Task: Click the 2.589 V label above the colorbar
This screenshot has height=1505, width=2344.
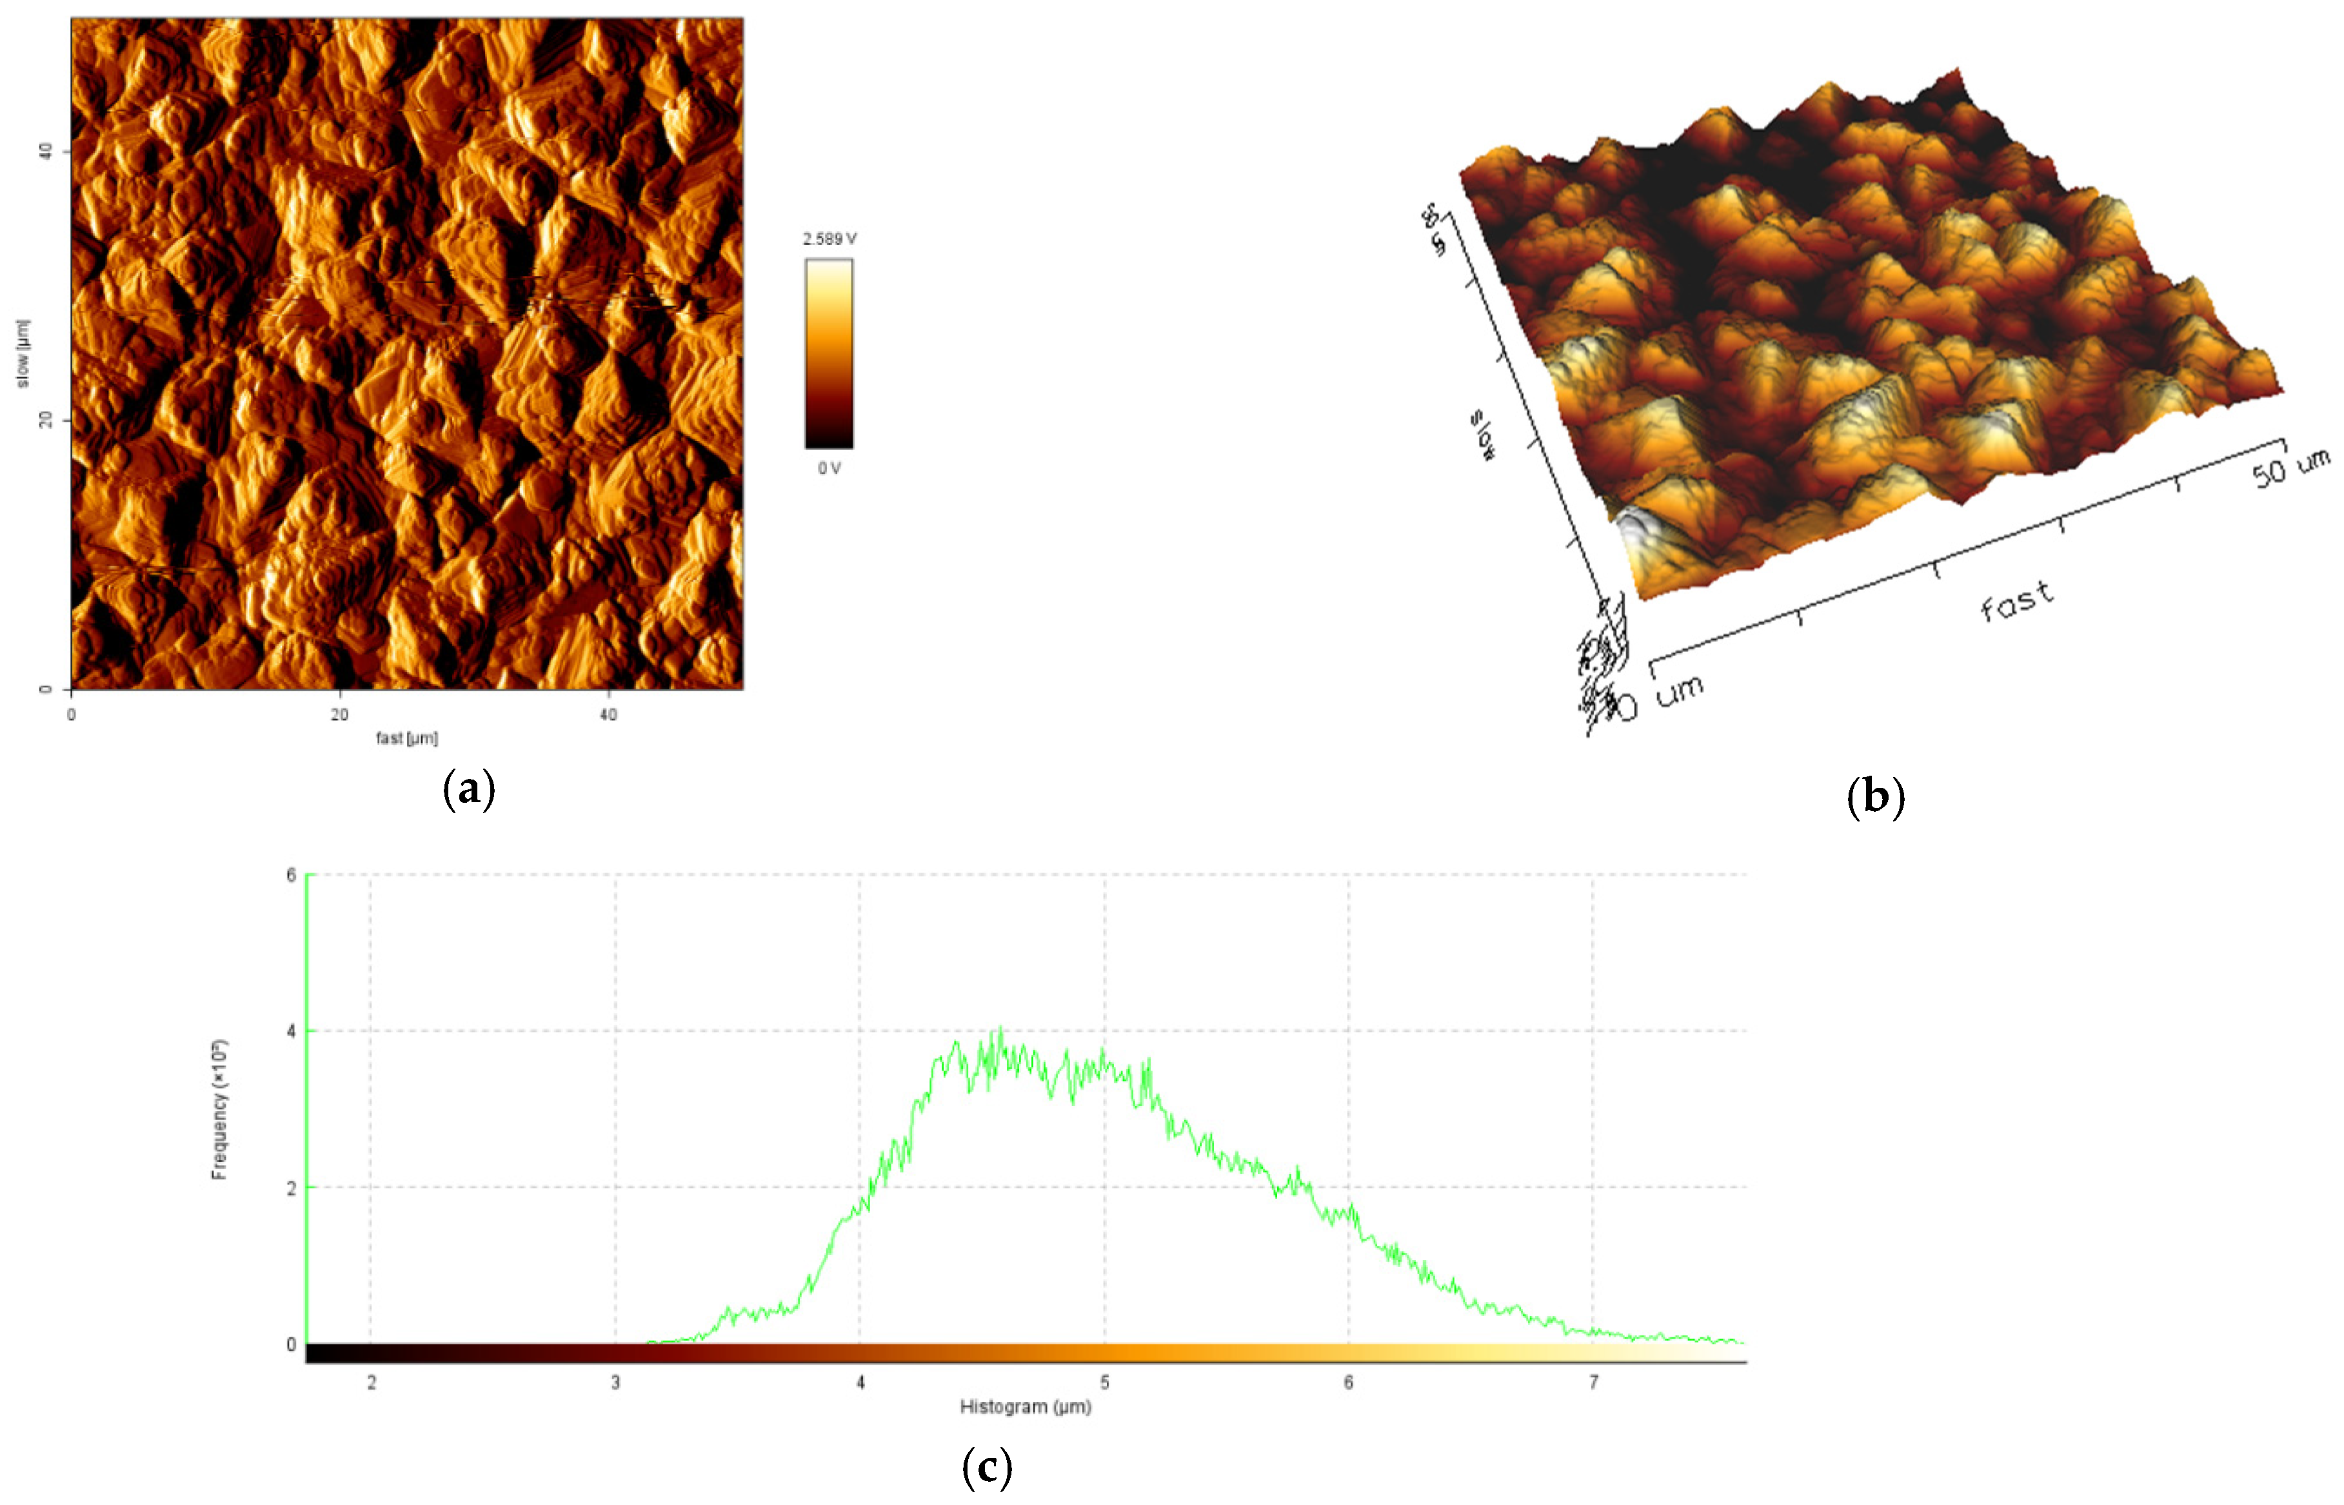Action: (x=829, y=239)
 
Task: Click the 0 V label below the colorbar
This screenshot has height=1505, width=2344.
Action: (x=829, y=468)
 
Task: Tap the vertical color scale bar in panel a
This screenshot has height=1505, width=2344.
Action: (x=829, y=354)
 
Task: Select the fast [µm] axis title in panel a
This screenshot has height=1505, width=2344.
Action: (x=406, y=738)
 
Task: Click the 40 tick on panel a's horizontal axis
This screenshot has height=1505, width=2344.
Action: (x=608, y=714)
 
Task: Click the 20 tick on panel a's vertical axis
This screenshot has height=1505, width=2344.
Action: (x=44, y=420)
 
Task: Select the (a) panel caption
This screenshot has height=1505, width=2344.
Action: (x=469, y=788)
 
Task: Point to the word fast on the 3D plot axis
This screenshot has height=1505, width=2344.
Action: (x=2016, y=601)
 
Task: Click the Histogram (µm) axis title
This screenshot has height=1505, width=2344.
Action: (x=1026, y=1406)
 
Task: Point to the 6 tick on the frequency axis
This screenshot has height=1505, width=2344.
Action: (x=292, y=874)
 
